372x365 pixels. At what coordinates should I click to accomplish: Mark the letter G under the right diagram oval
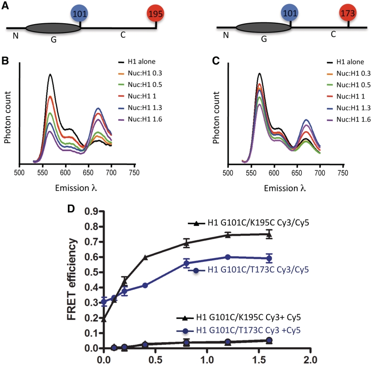[264, 40]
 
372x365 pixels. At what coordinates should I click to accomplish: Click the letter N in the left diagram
[14, 34]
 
